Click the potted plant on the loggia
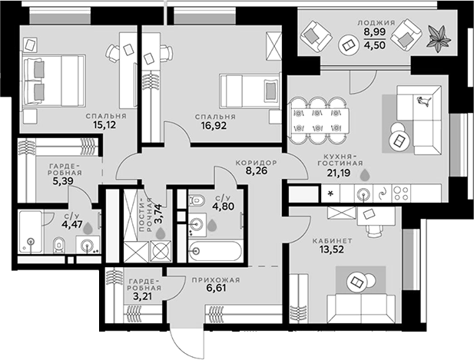(439, 38)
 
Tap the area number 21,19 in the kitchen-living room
(339, 173)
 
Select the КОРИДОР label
(256, 163)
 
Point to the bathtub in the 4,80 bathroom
(214, 251)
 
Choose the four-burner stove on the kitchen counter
(401, 193)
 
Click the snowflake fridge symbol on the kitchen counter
(330, 193)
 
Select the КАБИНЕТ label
(332, 241)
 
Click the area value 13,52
(332, 249)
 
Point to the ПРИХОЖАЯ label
(216, 280)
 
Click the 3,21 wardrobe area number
(142, 297)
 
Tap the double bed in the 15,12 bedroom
(54, 81)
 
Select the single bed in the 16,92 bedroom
(250, 91)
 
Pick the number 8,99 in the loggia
(375, 32)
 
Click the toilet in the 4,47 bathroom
(59, 245)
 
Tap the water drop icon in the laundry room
(161, 233)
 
